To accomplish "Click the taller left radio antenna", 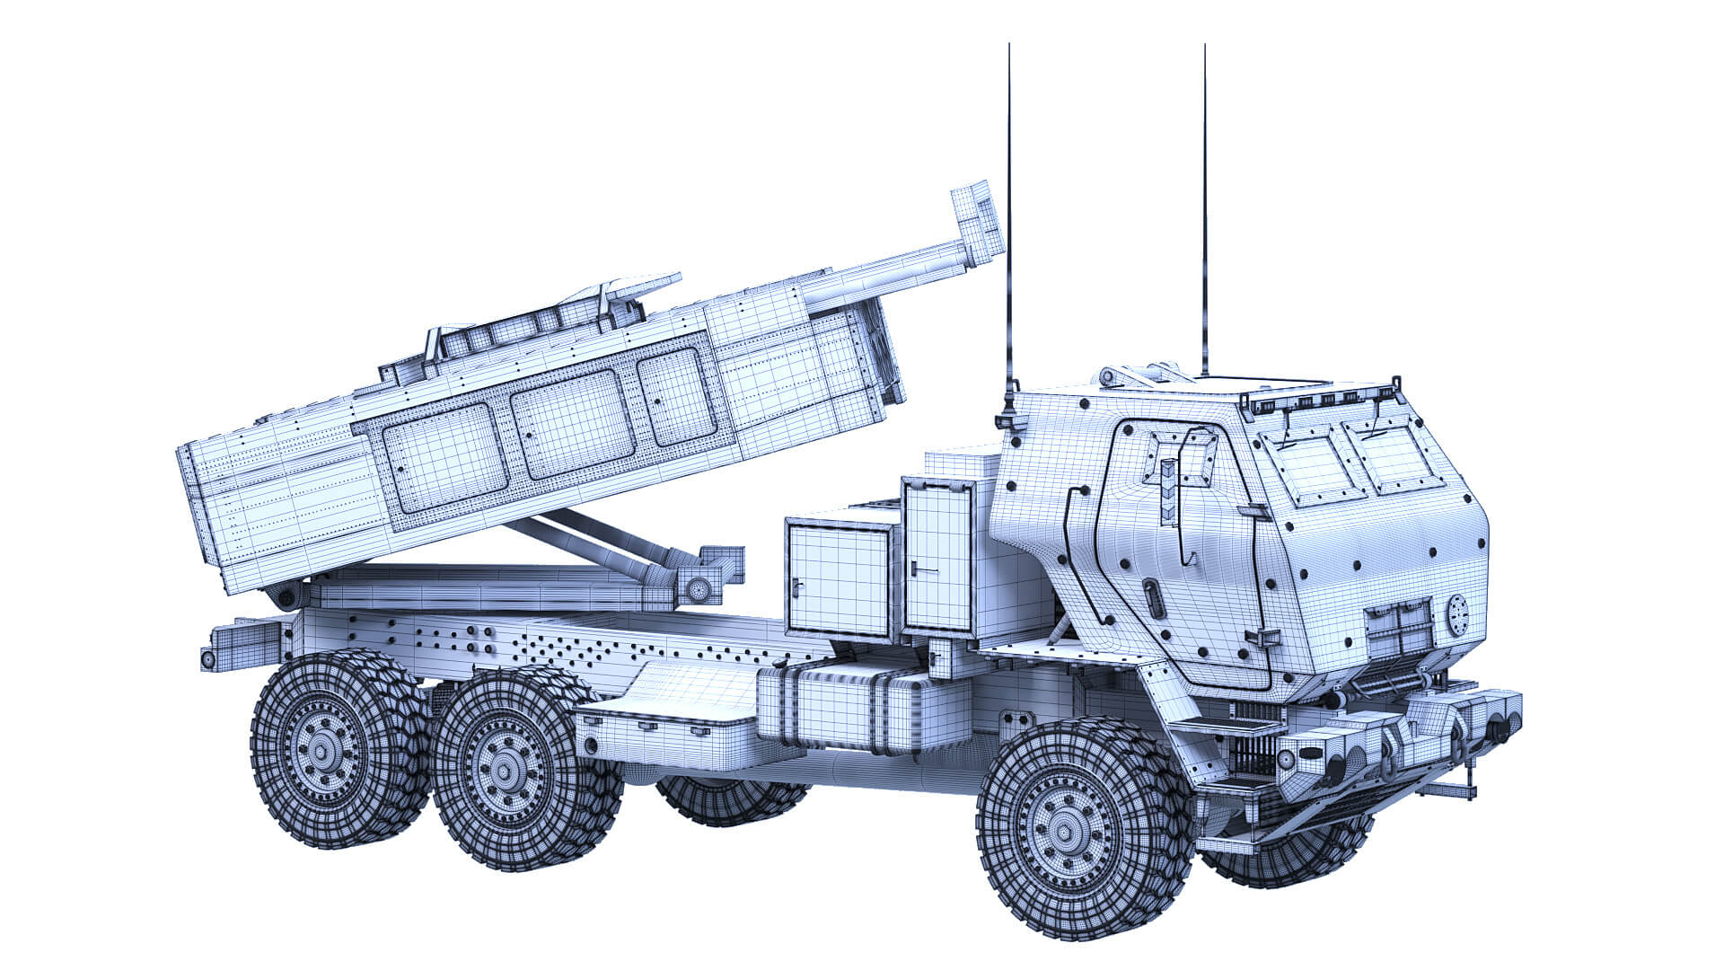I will tap(1009, 225).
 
